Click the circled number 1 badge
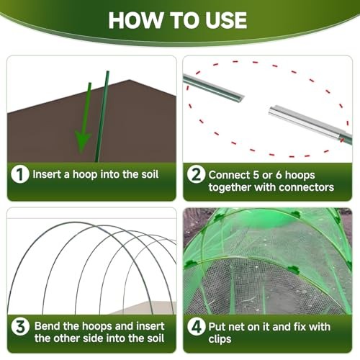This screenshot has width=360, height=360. pyautogui.click(x=20, y=174)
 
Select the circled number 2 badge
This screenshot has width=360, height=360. pyautogui.click(x=196, y=174)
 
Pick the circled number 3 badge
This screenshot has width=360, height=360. pyautogui.click(x=20, y=327)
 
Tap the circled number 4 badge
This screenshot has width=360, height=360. pyautogui.click(x=197, y=327)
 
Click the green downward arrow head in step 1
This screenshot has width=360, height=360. pyautogui.click(x=83, y=142)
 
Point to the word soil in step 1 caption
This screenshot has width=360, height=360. pyautogui.click(x=150, y=174)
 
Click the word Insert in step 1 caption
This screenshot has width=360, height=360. pyautogui.click(x=47, y=174)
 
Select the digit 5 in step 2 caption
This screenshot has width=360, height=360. pyautogui.click(x=256, y=175)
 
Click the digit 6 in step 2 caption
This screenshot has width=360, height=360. pyautogui.click(x=279, y=175)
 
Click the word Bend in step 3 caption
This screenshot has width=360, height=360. pyautogui.click(x=47, y=326)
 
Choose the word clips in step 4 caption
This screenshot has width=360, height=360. pyautogui.click(x=220, y=339)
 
